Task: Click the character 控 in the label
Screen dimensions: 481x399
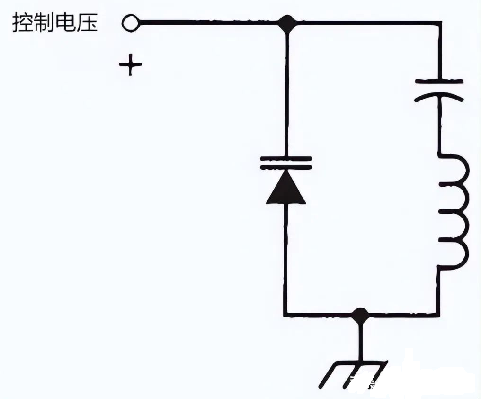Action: [22, 23]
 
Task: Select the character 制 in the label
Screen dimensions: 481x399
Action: [45, 23]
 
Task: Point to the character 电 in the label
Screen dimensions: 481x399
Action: [66, 23]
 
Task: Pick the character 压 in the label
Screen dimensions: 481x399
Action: [88, 23]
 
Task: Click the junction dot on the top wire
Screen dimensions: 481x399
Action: [286, 22]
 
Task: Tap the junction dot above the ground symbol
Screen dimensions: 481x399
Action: [360, 314]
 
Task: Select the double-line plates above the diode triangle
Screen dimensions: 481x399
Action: [286, 163]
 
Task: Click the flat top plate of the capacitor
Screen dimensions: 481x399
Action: [439, 82]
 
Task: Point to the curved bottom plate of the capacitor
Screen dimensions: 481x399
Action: [439, 97]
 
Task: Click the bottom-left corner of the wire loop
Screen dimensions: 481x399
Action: [286, 314]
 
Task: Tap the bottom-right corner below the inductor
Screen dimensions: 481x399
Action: [439, 314]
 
